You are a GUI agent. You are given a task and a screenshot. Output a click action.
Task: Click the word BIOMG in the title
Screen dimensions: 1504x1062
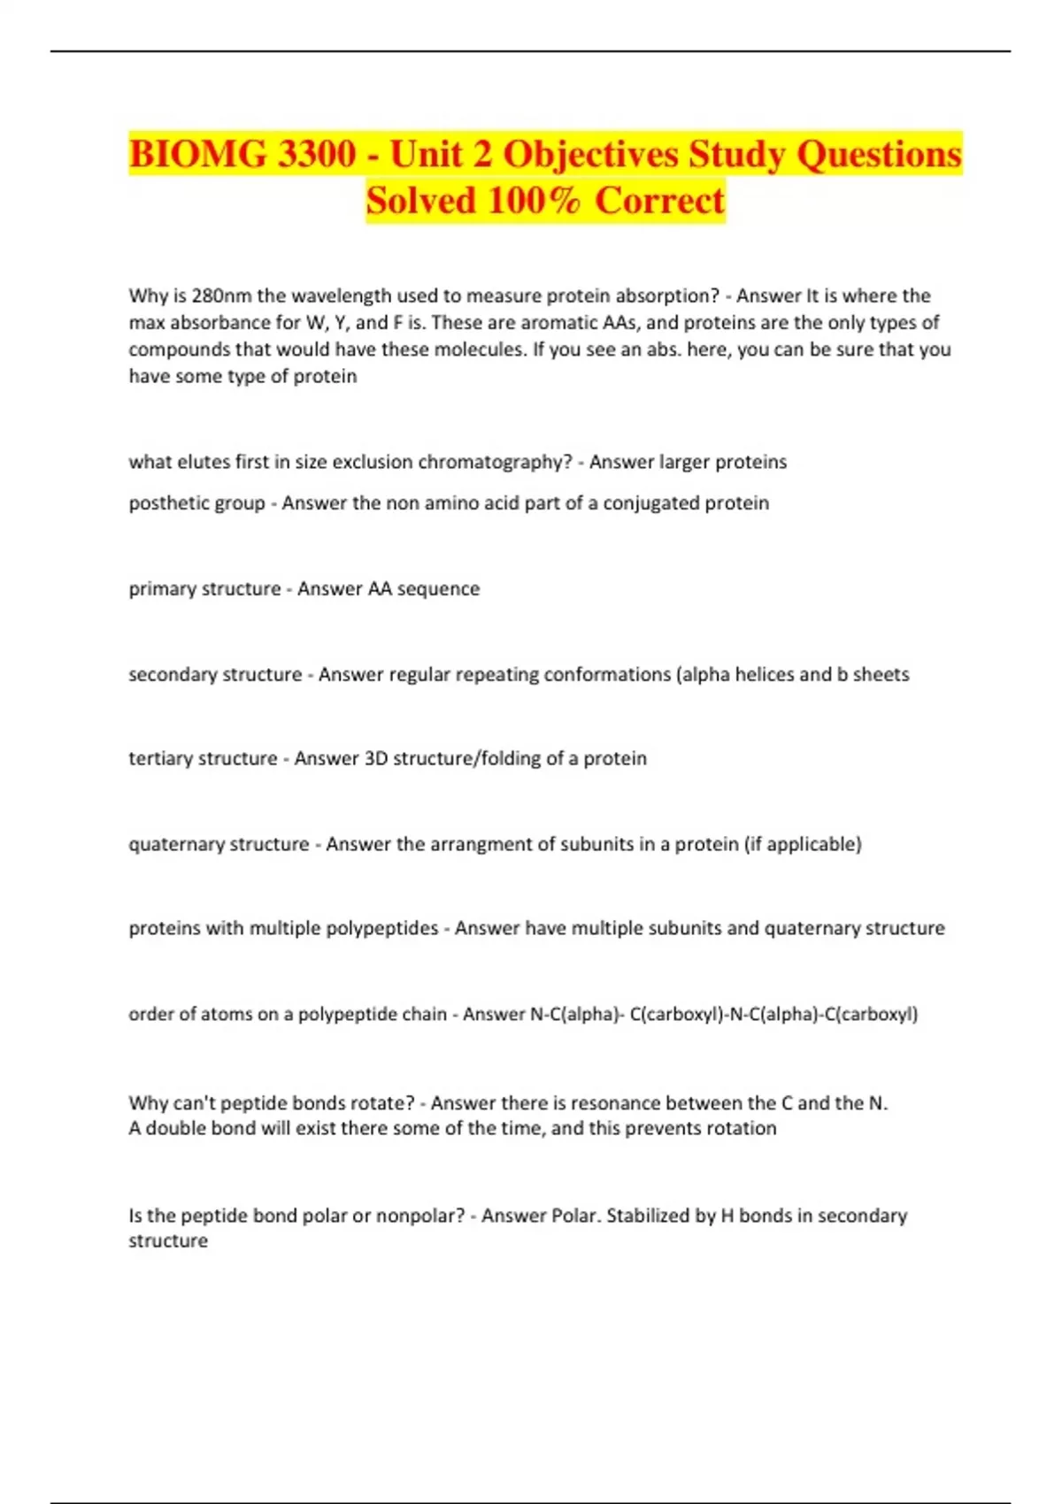click(x=196, y=155)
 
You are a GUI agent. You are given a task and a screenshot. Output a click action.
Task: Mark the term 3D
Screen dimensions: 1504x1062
click(x=376, y=758)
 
